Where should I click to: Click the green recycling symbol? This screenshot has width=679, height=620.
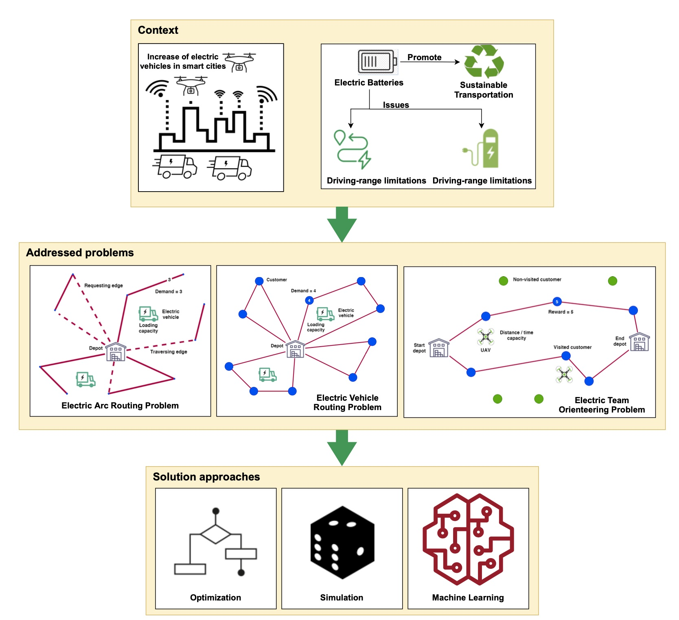tap(484, 61)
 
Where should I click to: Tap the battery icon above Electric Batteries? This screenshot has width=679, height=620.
tap(377, 62)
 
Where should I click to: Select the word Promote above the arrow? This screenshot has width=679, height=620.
tap(424, 57)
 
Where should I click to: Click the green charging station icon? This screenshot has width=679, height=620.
tap(487, 149)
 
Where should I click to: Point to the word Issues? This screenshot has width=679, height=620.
tap(396, 105)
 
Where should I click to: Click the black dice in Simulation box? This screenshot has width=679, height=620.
tap(342, 542)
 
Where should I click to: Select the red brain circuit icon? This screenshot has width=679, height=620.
tap(468, 539)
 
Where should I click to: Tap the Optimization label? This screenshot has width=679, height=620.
tap(215, 597)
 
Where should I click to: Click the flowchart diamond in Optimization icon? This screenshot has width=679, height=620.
tap(216, 534)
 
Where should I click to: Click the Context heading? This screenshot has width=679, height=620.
tap(158, 30)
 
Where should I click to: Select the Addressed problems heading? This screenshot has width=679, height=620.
tap(80, 253)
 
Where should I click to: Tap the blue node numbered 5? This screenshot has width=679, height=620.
tap(557, 301)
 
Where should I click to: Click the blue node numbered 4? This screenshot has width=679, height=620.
tap(309, 300)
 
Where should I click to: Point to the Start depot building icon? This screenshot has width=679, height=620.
tap(439, 348)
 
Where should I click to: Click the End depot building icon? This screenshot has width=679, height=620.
tap(639, 342)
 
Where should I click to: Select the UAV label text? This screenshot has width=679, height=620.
tap(485, 350)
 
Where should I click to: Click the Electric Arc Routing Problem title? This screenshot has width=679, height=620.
tap(120, 405)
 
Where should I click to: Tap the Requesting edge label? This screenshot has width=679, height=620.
tap(103, 285)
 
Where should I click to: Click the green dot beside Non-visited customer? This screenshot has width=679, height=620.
tap(503, 281)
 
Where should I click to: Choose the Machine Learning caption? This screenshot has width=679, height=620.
tap(468, 597)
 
